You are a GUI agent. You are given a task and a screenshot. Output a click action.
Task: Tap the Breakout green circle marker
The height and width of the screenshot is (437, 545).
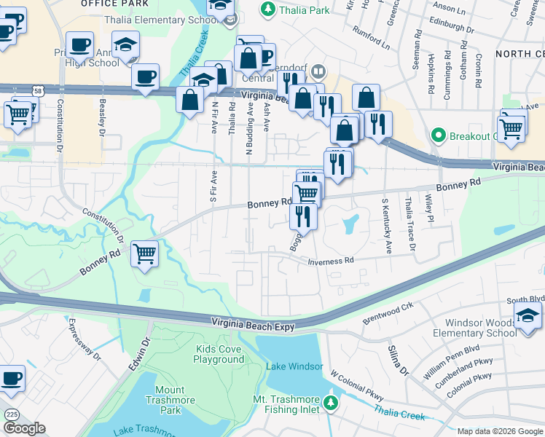click(438, 135)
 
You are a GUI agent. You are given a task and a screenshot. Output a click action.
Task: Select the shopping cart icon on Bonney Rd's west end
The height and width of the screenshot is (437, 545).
click(145, 254)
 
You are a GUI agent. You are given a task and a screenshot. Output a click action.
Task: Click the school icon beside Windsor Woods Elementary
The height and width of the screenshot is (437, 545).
click(527, 315)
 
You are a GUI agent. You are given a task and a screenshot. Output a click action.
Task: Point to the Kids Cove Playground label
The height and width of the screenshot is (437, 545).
click(219, 355)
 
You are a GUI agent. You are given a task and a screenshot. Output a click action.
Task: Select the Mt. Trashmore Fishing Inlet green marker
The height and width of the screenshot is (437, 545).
click(332, 403)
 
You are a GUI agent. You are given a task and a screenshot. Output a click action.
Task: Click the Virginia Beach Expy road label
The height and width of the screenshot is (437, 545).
click(254, 323)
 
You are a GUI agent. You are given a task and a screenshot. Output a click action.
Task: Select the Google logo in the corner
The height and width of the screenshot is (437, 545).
click(24, 428)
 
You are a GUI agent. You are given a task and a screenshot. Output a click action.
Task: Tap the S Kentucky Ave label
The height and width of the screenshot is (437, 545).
click(385, 225)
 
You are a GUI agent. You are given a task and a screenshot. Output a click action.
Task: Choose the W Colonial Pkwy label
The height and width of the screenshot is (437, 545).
click(356, 385)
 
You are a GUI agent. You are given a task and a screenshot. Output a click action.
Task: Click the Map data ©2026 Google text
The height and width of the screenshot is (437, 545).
click(500, 431)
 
